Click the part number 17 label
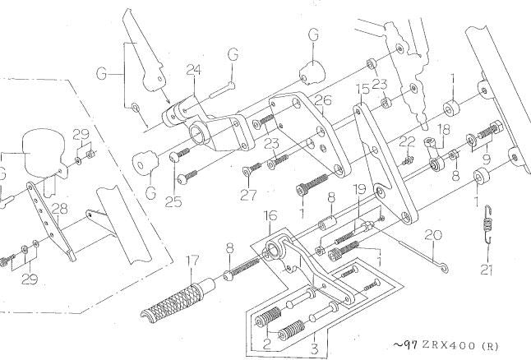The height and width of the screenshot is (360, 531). tap(192, 261)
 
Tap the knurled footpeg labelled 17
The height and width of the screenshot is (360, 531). tap(178, 298)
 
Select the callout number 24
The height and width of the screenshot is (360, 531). tap(194, 70)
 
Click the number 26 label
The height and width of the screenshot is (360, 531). tap(323, 100)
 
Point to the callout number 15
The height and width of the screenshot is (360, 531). tap(362, 89)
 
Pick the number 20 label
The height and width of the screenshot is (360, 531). tap(433, 235)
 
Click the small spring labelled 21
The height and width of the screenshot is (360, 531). tap(487, 224)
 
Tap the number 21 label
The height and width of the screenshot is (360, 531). tap(487, 270)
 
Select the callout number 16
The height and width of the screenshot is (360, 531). tap(270, 215)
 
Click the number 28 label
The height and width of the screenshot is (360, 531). tap(60, 209)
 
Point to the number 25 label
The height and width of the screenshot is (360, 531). tap(173, 202)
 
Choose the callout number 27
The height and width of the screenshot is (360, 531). tap(248, 195)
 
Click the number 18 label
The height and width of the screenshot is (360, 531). tap(444, 129)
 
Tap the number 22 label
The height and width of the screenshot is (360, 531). tap(407, 142)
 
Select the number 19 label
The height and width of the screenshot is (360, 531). tap(360, 189)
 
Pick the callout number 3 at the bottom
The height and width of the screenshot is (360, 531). tap(315, 348)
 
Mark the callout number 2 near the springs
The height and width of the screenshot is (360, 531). tap(267, 344)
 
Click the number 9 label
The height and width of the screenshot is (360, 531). tap(487, 158)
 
